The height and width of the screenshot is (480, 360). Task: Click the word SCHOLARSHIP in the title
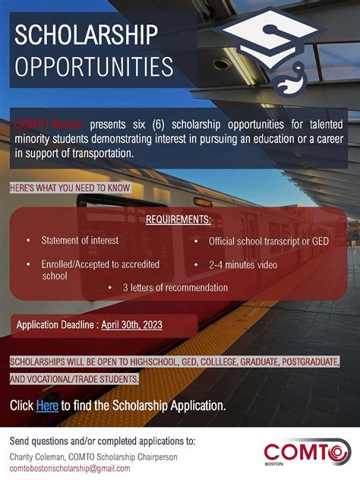pyautogui.click(x=86, y=36)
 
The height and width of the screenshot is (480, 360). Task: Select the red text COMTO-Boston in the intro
pyautogui.click(x=48, y=123)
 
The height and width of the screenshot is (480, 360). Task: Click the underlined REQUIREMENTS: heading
pyautogui.click(x=178, y=219)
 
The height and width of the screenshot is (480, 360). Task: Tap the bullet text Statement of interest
pyautogui.click(x=80, y=241)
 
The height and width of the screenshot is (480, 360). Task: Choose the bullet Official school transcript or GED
pyautogui.click(x=269, y=242)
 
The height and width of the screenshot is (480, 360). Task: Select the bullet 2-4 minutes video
pyautogui.click(x=243, y=265)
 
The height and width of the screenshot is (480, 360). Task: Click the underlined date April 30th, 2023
pyautogui.click(x=131, y=325)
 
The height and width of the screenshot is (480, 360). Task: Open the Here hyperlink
pyautogui.click(x=47, y=406)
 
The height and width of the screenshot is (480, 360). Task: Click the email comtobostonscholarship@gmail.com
pyautogui.click(x=70, y=469)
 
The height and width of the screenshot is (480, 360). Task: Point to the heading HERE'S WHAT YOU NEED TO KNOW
pyautogui.click(x=70, y=188)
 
